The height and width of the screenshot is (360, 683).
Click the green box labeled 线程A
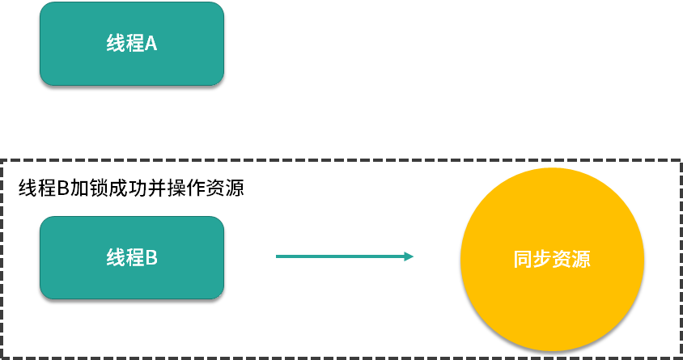(131, 44)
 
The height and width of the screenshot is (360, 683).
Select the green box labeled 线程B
(131, 258)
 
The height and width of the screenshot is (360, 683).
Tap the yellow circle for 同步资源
(552, 260)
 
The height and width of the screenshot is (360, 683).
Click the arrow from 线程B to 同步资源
(344, 256)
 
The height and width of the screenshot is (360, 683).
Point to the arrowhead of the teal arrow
(409, 256)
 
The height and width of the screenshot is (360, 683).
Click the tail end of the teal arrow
(278, 256)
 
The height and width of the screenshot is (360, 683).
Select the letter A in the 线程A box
(151, 44)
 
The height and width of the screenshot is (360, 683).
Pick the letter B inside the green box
(151, 258)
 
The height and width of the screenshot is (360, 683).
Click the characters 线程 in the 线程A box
(125, 44)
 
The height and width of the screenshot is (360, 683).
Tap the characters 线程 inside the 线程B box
(125, 258)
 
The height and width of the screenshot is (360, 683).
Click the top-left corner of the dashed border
(2, 161)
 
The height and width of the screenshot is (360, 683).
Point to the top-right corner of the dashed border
(680, 161)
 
